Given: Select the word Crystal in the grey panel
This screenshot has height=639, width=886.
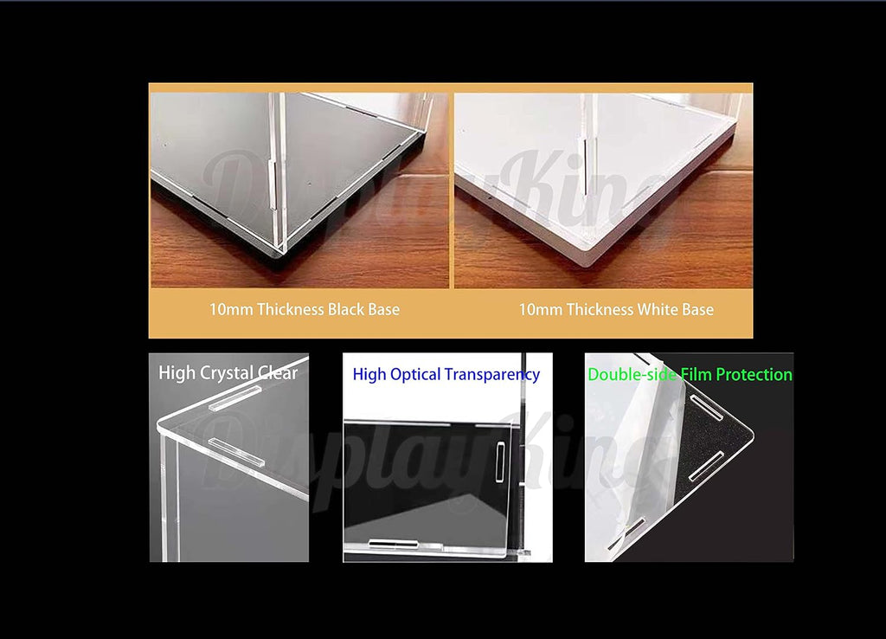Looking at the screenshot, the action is click(227, 374).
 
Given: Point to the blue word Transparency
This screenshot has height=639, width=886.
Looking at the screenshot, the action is click(492, 375).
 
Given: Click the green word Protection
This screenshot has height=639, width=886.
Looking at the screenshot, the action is click(754, 374).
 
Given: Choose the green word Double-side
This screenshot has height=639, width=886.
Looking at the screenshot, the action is click(632, 374).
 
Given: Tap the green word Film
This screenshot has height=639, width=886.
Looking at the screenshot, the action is click(697, 374).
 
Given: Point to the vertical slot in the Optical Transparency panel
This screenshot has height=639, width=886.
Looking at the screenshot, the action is click(500, 462).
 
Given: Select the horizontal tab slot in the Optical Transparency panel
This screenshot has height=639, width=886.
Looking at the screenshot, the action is click(394, 544).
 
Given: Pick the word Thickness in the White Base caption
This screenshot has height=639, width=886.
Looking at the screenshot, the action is click(600, 309).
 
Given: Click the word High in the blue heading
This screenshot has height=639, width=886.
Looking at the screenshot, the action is click(369, 375).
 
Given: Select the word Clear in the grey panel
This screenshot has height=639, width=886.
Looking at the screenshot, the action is click(278, 373).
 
